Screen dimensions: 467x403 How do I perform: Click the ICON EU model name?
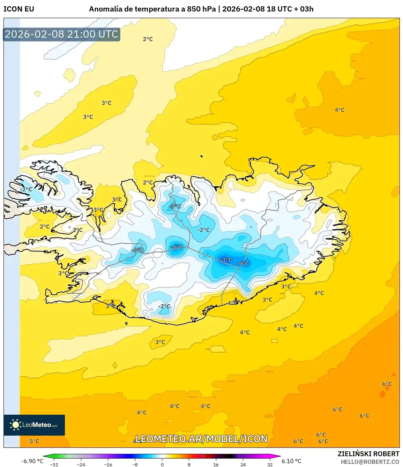19,9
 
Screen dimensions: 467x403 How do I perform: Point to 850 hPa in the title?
202,9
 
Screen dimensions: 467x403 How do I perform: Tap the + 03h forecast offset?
304,9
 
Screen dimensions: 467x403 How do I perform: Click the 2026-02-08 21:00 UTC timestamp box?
62,34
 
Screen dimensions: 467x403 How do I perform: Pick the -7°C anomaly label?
226,260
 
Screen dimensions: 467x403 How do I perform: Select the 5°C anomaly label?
34,441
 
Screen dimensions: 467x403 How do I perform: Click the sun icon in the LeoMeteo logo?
15,425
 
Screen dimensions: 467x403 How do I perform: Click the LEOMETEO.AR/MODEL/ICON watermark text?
201,439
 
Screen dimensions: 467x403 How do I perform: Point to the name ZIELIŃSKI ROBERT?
368,454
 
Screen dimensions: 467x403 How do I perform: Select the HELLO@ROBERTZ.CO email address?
370,462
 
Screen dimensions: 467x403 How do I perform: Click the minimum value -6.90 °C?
32,461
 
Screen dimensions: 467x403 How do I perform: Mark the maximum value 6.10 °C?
291,461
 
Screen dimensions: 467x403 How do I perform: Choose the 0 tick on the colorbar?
162,464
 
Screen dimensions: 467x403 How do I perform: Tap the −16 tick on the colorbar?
108,464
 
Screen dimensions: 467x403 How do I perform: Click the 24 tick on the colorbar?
243,464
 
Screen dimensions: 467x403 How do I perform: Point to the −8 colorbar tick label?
135,464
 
